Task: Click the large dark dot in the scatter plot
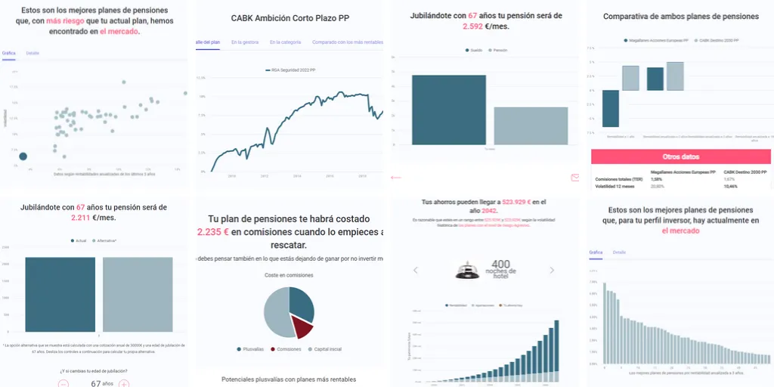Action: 23,156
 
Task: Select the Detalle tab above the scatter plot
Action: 33,53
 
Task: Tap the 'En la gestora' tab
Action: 246,42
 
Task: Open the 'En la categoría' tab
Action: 286,42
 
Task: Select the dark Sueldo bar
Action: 449,110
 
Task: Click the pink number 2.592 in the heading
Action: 475,26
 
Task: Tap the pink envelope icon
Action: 574,178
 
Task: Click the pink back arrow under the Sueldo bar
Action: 395,178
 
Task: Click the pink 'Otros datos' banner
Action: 680,157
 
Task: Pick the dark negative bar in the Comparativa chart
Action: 611,109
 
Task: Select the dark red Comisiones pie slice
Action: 302,327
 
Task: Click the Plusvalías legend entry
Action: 249,349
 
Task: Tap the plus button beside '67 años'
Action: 124,383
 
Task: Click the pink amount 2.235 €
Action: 213,232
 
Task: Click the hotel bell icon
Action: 466,270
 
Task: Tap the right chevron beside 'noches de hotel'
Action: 552,270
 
